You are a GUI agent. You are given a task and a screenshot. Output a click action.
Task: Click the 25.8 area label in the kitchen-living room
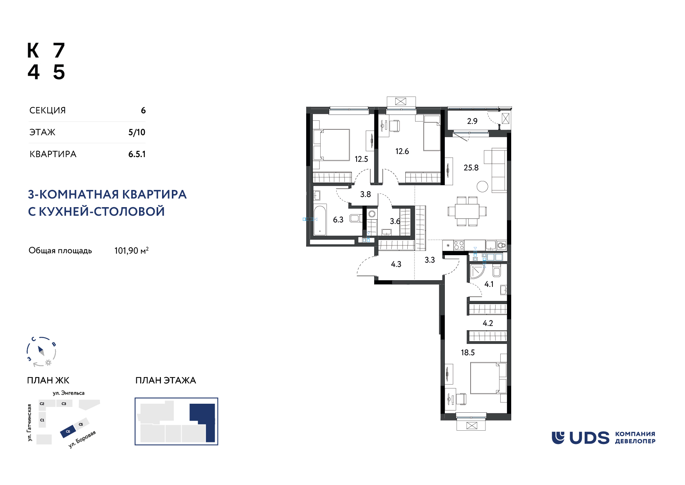coord(471,168)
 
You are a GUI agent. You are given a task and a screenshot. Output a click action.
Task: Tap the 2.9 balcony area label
coord(472,121)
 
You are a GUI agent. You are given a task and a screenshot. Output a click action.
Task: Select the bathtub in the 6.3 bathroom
coord(320,220)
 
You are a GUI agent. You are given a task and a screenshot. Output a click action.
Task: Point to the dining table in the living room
coord(467,211)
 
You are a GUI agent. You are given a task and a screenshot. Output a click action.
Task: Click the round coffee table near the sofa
coord(483,187)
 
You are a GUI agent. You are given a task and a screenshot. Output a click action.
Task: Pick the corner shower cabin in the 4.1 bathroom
coord(477,271)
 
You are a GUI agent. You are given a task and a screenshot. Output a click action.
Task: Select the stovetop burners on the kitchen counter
coord(459,245)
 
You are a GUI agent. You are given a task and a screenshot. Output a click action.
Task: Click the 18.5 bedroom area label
coord(467,353)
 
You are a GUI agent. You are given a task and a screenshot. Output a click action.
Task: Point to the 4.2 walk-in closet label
coord(488,323)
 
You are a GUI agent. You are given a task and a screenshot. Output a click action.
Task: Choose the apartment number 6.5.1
coord(137,154)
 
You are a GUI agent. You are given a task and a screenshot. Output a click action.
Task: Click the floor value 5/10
coord(137,132)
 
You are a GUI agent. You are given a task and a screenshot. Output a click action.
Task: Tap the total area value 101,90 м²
coord(132,251)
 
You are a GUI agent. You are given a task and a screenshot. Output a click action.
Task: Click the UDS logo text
coord(589,438)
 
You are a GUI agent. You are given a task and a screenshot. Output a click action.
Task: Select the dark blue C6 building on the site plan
coord(68,431)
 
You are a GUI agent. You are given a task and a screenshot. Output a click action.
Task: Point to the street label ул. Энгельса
coord(69,393)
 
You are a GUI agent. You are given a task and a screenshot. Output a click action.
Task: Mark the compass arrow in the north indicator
coord(41,350)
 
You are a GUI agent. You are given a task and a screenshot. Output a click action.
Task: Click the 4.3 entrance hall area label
coord(396,264)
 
